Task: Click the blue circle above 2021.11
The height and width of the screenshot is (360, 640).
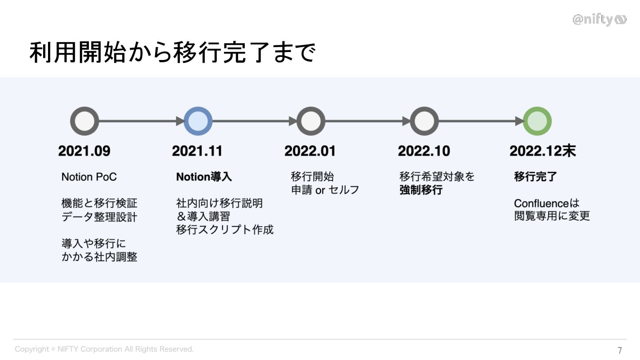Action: pos(198,121)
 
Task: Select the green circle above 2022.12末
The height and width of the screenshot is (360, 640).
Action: pos(537,121)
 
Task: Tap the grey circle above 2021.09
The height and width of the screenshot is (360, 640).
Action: pos(84,121)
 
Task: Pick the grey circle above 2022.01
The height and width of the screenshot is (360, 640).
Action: pos(311,121)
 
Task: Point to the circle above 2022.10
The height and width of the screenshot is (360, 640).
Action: pos(424,121)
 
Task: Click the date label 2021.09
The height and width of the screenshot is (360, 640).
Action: pos(84,151)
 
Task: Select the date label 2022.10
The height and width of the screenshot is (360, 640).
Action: pos(424,151)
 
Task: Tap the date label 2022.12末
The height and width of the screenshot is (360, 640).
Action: pos(542,151)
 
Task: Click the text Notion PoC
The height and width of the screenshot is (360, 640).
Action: pos(89,177)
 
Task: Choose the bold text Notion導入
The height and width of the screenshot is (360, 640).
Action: pos(204,177)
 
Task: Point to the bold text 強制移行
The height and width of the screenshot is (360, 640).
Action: pos(421,190)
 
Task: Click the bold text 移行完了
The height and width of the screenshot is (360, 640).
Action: pos(535,177)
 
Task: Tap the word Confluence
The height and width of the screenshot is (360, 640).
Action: pos(541,204)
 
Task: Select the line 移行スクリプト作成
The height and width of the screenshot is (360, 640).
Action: pos(224,230)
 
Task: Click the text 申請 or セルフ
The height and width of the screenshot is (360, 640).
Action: pos(325,190)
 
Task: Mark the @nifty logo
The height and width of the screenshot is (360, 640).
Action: pos(599,20)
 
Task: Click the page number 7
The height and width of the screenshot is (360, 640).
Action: pos(620,350)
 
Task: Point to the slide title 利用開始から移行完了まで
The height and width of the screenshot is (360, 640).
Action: pos(172,53)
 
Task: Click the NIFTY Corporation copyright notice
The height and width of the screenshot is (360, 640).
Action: pos(104,349)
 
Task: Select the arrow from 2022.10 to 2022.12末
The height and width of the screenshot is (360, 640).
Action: pos(480,121)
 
